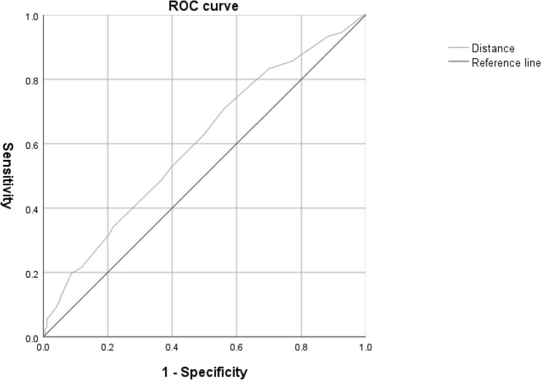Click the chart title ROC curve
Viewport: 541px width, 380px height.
coord(204,6)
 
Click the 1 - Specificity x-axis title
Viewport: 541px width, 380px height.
coord(204,373)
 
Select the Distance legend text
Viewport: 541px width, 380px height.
coord(492,49)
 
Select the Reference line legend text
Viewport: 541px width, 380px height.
coord(505,62)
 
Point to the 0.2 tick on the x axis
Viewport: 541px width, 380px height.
coord(108,348)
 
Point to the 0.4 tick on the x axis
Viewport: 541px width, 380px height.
coord(172,348)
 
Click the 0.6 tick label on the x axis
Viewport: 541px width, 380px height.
coord(236,348)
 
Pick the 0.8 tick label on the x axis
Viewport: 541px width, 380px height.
coord(300,348)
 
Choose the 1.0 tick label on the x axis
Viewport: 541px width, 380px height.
coord(364,348)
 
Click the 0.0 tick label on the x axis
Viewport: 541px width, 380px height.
coord(44,348)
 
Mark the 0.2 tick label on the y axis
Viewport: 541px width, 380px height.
coord(31,273)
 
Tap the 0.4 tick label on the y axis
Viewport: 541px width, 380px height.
coord(31,209)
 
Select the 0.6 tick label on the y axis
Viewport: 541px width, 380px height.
coord(31,144)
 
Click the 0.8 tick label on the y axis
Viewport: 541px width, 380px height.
coord(31,80)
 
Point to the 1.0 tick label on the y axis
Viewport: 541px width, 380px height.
coord(31,15)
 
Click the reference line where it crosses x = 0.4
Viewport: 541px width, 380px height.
coord(172,209)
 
